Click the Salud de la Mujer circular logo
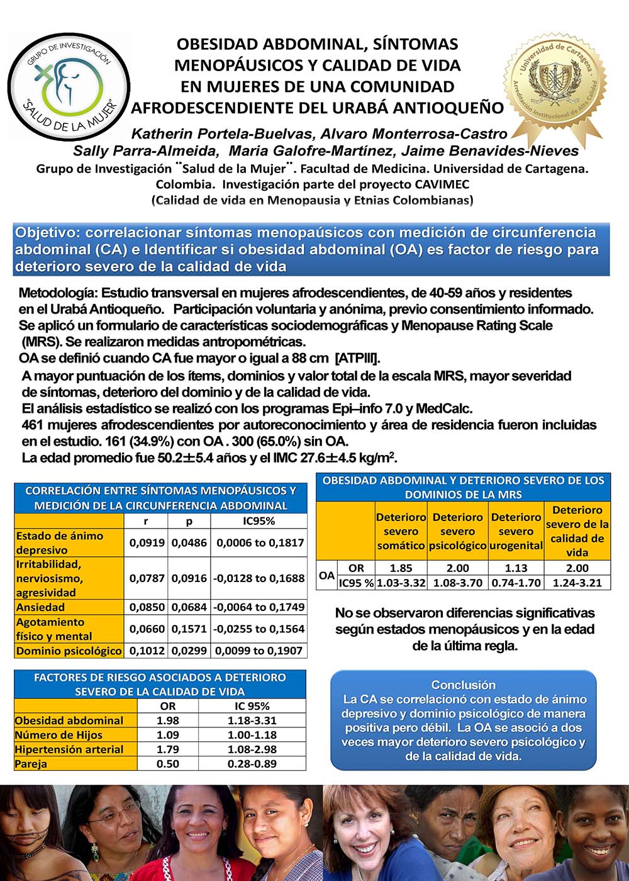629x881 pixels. click(68, 86)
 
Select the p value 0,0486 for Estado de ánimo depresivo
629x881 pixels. click(189, 542)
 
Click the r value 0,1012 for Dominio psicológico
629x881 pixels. click(147, 651)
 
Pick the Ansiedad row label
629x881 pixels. click(40, 607)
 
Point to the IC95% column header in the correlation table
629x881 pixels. click(259, 521)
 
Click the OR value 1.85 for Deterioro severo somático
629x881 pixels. click(401, 568)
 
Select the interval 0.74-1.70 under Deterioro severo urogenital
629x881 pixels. click(516, 583)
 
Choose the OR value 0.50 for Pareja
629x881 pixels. click(167, 764)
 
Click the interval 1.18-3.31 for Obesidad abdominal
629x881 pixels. click(252, 721)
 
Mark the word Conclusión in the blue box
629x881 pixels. click(463, 685)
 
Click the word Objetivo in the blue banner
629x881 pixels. click(47, 232)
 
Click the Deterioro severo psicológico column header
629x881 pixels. click(457, 531)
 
